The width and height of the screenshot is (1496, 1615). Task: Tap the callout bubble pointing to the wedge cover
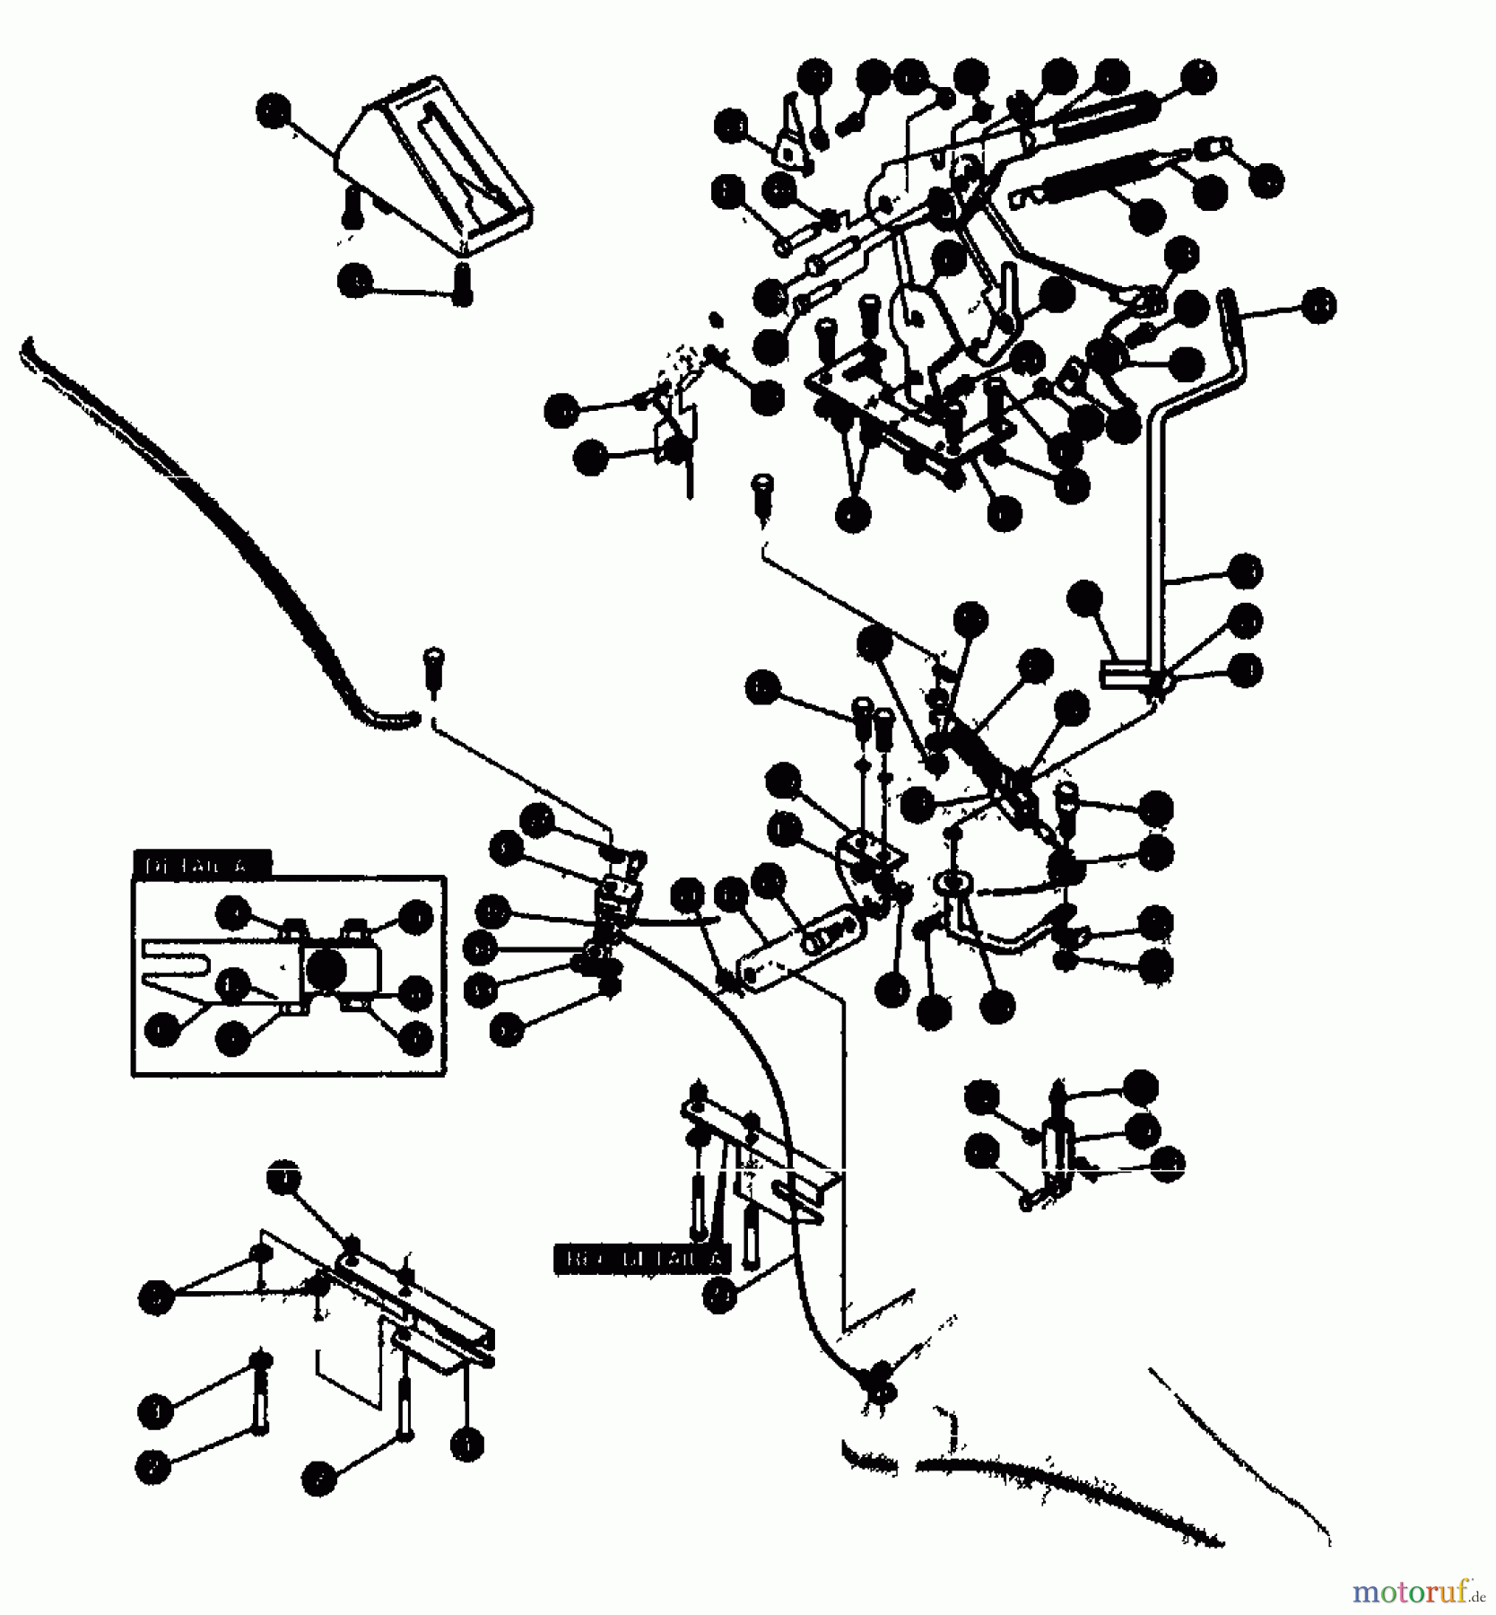coord(273,112)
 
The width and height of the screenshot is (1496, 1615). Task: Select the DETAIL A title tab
coord(202,865)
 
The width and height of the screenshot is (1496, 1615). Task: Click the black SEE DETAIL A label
coord(642,1258)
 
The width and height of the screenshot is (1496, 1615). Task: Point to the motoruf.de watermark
coord(1417,1592)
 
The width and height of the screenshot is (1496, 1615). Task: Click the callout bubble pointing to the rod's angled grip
coord(1318,306)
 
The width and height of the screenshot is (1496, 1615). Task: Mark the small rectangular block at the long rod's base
coord(1126,674)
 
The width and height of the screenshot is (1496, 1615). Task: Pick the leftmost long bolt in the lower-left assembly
coord(261,1391)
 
